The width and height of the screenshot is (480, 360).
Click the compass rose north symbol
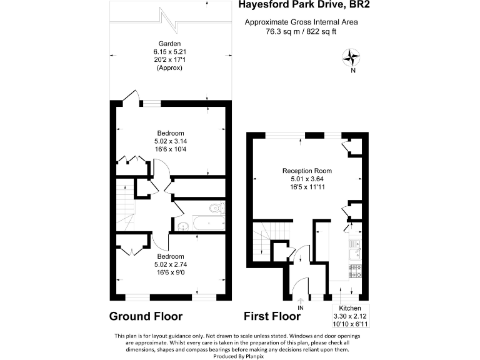[x=352, y=58]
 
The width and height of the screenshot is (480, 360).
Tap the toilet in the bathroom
[x=215, y=208]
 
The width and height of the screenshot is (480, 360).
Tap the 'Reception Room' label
[x=307, y=171]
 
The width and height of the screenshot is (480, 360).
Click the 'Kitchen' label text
[x=350, y=309]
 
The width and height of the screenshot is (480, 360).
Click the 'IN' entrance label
[x=301, y=308]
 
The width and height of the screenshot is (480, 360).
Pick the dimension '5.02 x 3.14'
[x=170, y=142]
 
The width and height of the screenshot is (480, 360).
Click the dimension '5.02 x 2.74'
[x=170, y=265]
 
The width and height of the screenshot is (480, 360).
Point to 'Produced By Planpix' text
[x=241, y=355]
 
